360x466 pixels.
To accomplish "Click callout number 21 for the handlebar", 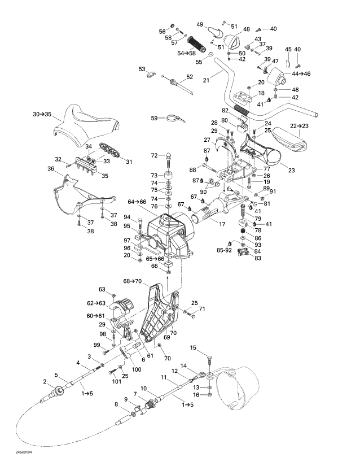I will click(206, 80).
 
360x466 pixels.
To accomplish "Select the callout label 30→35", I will click(43, 114).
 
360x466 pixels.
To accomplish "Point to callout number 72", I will click(154, 155).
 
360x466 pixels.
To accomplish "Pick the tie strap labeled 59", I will click(175, 119).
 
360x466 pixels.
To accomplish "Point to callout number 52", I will click(190, 77).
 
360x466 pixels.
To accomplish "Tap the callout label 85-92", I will click(225, 249).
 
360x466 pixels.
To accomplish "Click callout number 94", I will click(127, 217).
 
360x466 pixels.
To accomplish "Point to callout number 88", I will click(194, 169).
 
